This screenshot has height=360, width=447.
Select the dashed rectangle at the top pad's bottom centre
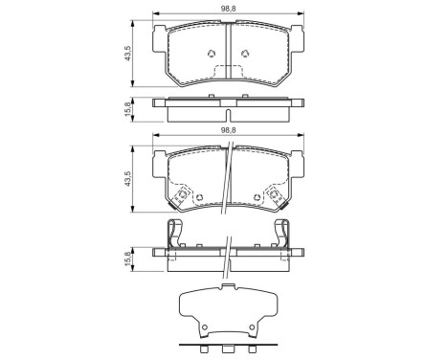tap(227, 72)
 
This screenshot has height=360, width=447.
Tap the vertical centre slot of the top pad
tap(227, 48)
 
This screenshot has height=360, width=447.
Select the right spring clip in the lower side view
tap(283, 235)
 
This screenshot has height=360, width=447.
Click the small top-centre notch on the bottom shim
tap(227, 286)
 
